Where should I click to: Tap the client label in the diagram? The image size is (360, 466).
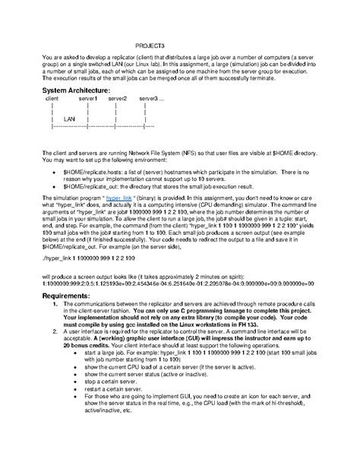[x=52, y=99]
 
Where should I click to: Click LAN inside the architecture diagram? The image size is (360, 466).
[x=69, y=119]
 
